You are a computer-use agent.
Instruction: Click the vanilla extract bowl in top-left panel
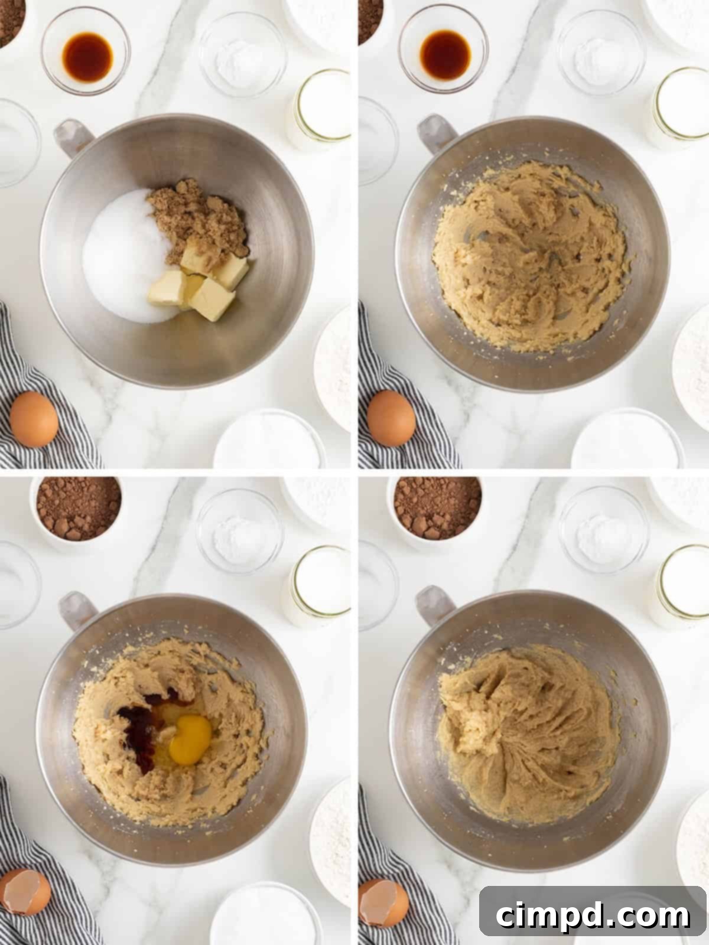pos(87,52)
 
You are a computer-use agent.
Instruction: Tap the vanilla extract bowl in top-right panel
pos(443,50)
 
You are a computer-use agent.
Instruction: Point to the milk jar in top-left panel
pos(321,109)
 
